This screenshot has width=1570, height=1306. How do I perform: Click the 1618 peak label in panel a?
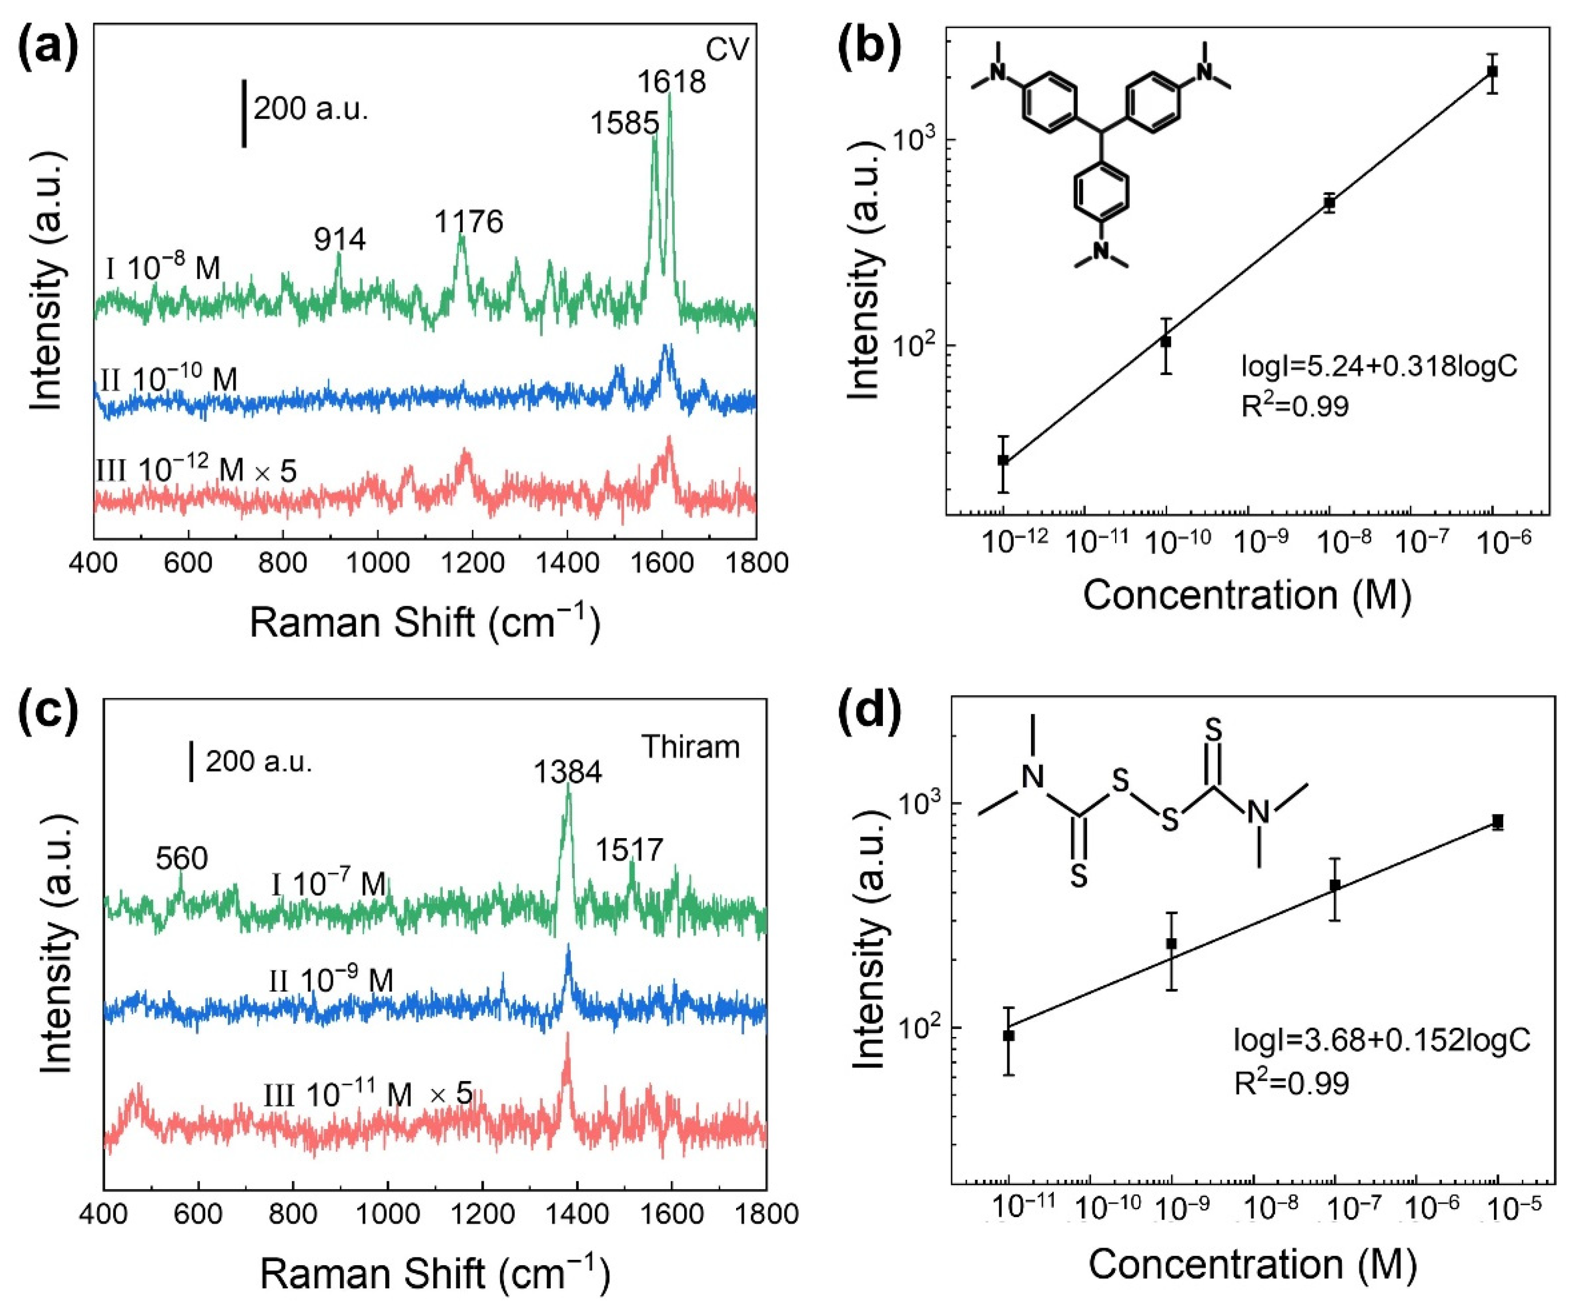[671, 82]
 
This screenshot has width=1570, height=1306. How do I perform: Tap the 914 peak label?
[340, 240]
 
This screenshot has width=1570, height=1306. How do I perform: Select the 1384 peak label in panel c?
[567, 771]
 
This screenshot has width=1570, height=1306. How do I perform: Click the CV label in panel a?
[727, 50]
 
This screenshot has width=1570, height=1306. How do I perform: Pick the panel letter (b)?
[874, 50]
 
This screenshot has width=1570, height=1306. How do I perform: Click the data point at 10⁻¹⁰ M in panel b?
[1166, 342]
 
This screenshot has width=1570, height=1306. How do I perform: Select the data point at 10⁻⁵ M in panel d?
[1497, 822]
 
